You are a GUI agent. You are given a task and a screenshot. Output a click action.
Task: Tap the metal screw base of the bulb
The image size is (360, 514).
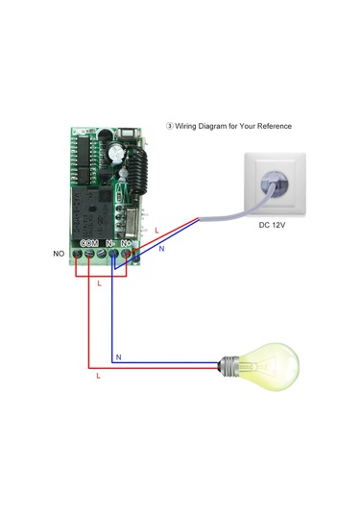[228, 365]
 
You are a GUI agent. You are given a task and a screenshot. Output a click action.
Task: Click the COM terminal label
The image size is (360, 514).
[89, 243]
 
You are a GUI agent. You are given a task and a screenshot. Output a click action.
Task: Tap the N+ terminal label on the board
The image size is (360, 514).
[127, 243]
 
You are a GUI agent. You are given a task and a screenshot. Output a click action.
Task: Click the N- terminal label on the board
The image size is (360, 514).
[110, 243]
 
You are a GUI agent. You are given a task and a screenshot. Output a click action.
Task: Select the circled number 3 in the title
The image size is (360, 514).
[170, 126]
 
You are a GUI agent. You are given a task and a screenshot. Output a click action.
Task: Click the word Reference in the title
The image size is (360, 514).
[272, 126]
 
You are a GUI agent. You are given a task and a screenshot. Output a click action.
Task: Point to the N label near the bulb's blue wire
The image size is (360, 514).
[118, 357]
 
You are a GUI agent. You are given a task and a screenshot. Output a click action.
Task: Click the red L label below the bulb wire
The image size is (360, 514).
[98, 377]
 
